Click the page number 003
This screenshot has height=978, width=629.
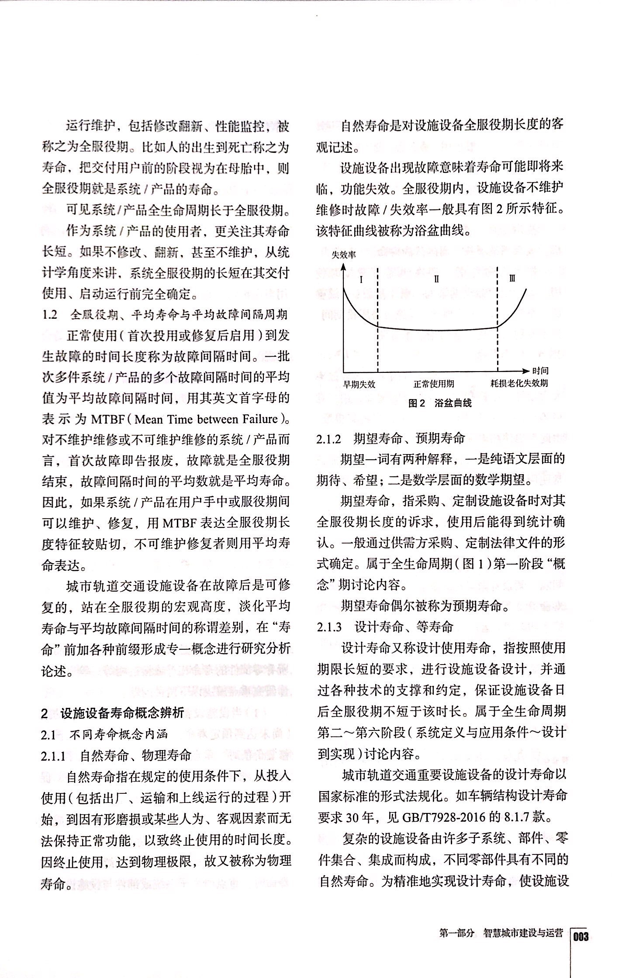(581, 936)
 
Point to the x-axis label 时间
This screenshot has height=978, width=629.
(540, 371)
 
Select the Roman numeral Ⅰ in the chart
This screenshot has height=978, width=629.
(361, 279)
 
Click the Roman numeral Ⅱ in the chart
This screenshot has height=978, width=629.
(436, 279)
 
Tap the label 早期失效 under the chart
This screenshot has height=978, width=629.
(359, 384)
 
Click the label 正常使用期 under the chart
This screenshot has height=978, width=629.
(434, 384)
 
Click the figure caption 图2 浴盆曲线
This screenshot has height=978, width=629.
(440, 403)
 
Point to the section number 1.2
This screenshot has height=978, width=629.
(50, 315)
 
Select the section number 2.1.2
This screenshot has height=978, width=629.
(329, 439)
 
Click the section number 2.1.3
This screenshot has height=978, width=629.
(329, 627)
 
